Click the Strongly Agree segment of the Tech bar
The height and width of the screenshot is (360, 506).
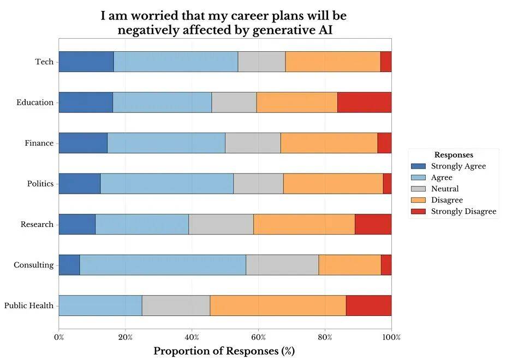pos(86,62)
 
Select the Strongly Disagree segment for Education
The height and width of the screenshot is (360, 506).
pos(364,103)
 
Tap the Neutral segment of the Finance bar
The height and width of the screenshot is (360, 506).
pos(253,143)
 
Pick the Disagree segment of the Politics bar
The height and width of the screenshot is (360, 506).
pos(333,184)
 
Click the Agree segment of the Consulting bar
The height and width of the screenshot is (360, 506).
pos(163,265)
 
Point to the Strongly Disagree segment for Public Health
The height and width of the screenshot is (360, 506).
pos(368,305)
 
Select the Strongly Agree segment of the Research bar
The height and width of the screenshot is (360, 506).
pos(77,224)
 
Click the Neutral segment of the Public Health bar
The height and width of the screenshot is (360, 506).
pos(176,305)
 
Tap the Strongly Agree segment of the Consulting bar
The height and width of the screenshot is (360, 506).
pos(69,265)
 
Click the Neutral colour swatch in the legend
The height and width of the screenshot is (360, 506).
pos(418,189)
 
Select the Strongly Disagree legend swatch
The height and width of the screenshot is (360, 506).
pos(418,211)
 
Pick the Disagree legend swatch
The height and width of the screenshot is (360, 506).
pos(418,200)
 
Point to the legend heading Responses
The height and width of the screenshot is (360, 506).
pos(454,155)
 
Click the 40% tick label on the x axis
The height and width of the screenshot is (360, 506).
pos(192,337)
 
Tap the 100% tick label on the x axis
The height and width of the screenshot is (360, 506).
pos(391,337)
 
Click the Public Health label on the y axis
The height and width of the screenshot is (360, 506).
pos(29,305)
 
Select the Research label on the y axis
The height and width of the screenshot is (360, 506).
pos(37,224)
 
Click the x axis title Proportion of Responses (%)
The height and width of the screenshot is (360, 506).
pos(224,351)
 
